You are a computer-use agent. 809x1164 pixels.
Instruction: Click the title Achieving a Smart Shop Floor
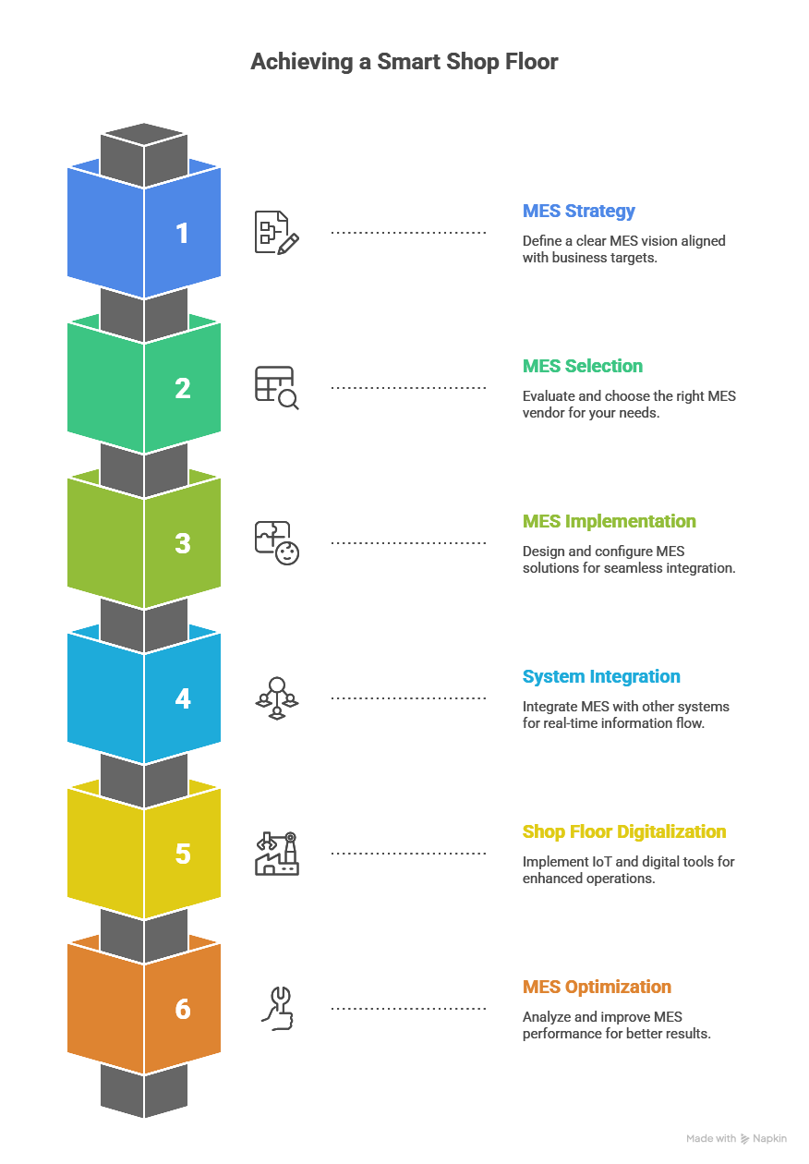pyautogui.click(x=404, y=62)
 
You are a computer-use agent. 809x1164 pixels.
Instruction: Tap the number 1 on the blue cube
pyautogui.click(x=183, y=233)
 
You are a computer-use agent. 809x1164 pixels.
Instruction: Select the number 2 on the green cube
pyautogui.click(x=183, y=388)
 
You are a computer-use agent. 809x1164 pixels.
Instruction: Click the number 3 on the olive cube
pyautogui.click(x=183, y=543)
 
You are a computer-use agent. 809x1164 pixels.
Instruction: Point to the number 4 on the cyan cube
pyautogui.click(x=183, y=698)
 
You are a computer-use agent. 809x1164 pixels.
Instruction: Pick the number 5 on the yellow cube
pyautogui.click(x=183, y=854)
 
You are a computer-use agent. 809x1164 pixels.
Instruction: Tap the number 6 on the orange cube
pyautogui.click(x=183, y=1009)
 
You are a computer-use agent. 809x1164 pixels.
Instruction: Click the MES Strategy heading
pyautogui.click(x=579, y=211)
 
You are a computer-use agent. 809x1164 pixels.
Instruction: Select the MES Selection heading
pyautogui.click(x=583, y=366)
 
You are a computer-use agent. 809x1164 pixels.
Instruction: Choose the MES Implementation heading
pyautogui.click(x=610, y=521)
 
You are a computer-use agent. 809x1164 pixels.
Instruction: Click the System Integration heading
pyautogui.click(x=601, y=676)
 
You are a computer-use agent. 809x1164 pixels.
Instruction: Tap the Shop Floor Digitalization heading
pyautogui.click(x=624, y=831)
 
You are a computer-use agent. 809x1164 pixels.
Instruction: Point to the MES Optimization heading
pyautogui.click(x=597, y=987)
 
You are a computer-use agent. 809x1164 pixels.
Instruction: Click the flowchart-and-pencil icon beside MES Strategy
pyautogui.click(x=277, y=233)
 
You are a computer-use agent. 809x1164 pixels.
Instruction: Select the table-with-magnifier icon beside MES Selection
pyautogui.click(x=277, y=388)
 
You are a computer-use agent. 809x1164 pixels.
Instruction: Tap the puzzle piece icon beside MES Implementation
pyautogui.click(x=277, y=543)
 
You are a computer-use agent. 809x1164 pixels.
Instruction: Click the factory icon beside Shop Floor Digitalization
pyautogui.click(x=277, y=854)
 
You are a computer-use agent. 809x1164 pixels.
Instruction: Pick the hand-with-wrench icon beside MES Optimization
pyautogui.click(x=277, y=1009)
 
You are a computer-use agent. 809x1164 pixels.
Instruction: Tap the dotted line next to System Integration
pyautogui.click(x=408, y=698)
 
